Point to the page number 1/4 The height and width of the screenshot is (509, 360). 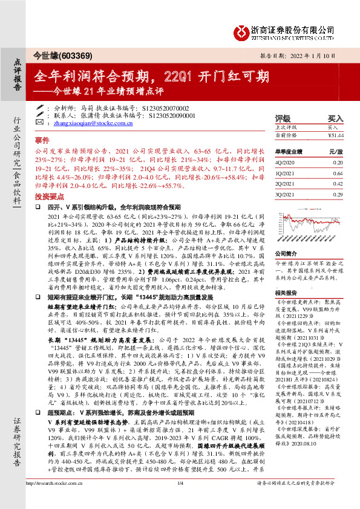tap(180, 501)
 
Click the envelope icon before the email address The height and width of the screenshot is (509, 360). tap(48, 123)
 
